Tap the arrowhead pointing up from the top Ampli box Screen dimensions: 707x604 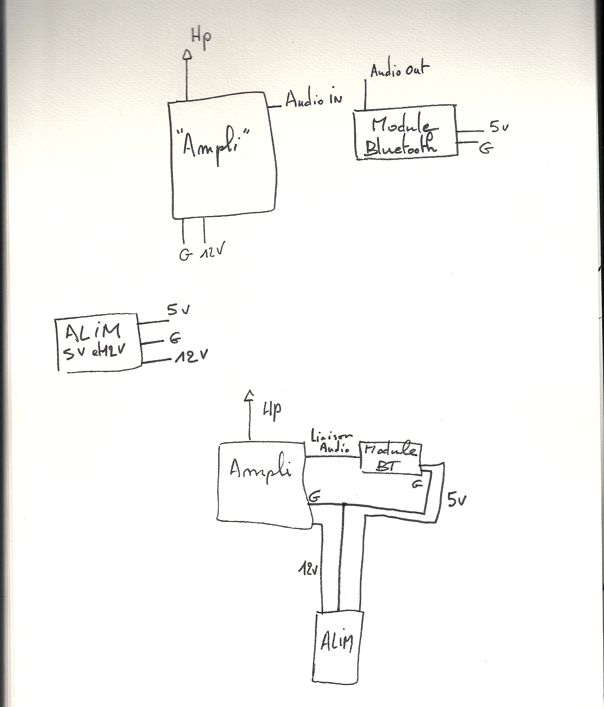pos(187,54)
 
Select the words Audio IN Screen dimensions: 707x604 pos(313,100)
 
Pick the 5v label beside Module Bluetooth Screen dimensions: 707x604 pos(499,127)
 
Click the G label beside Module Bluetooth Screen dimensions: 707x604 pos(486,149)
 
